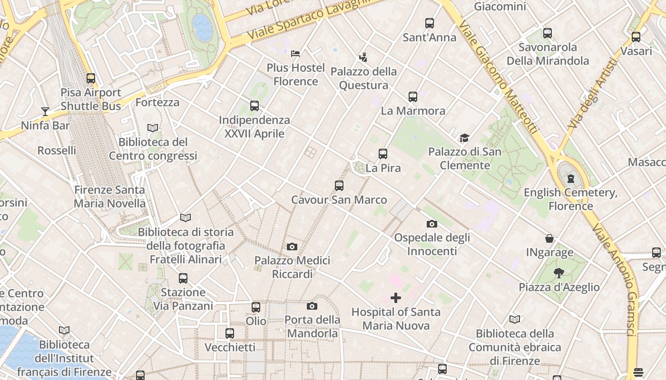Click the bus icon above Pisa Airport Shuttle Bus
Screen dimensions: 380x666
tap(91, 78)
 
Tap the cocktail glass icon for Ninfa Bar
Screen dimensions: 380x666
tap(45, 112)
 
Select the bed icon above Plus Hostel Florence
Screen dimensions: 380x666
tap(295, 53)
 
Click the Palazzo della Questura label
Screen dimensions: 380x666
tap(363, 78)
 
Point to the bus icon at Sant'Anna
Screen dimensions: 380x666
tap(430, 23)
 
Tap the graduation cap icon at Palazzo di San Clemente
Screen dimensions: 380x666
tap(464, 138)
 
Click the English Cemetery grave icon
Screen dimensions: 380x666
tap(570, 179)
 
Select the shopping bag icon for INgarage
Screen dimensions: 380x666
tap(549, 238)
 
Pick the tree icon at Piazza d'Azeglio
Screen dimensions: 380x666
tap(559, 273)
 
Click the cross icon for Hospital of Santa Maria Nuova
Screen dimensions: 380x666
tap(396, 298)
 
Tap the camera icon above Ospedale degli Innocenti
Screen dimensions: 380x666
tap(432, 224)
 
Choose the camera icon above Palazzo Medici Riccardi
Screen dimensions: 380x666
tap(292, 247)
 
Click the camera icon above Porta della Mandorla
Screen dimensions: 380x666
tap(312, 306)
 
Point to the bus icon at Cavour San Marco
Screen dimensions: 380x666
tap(339, 186)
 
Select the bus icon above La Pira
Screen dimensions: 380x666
tap(383, 154)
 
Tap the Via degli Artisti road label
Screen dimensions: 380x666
tap(590, 93)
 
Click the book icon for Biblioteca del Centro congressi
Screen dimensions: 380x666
tap(153, 128)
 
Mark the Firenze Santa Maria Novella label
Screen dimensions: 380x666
tap(109, 197)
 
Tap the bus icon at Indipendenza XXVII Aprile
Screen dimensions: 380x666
tap(255, 106)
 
